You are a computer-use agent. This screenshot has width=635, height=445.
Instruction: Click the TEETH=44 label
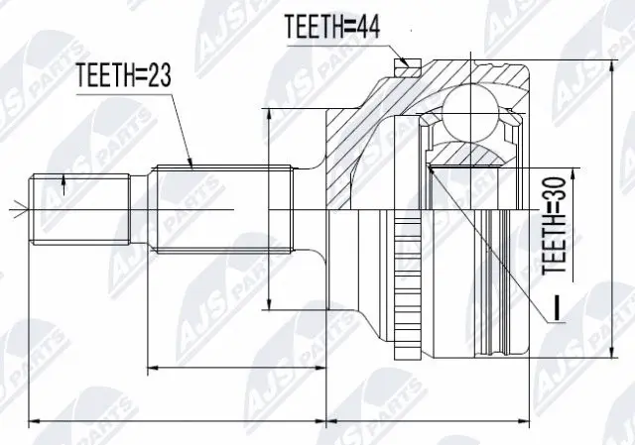[332, 26]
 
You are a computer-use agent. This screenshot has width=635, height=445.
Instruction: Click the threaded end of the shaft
[80, 210]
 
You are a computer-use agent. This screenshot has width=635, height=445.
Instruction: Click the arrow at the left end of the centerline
[13, 209]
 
